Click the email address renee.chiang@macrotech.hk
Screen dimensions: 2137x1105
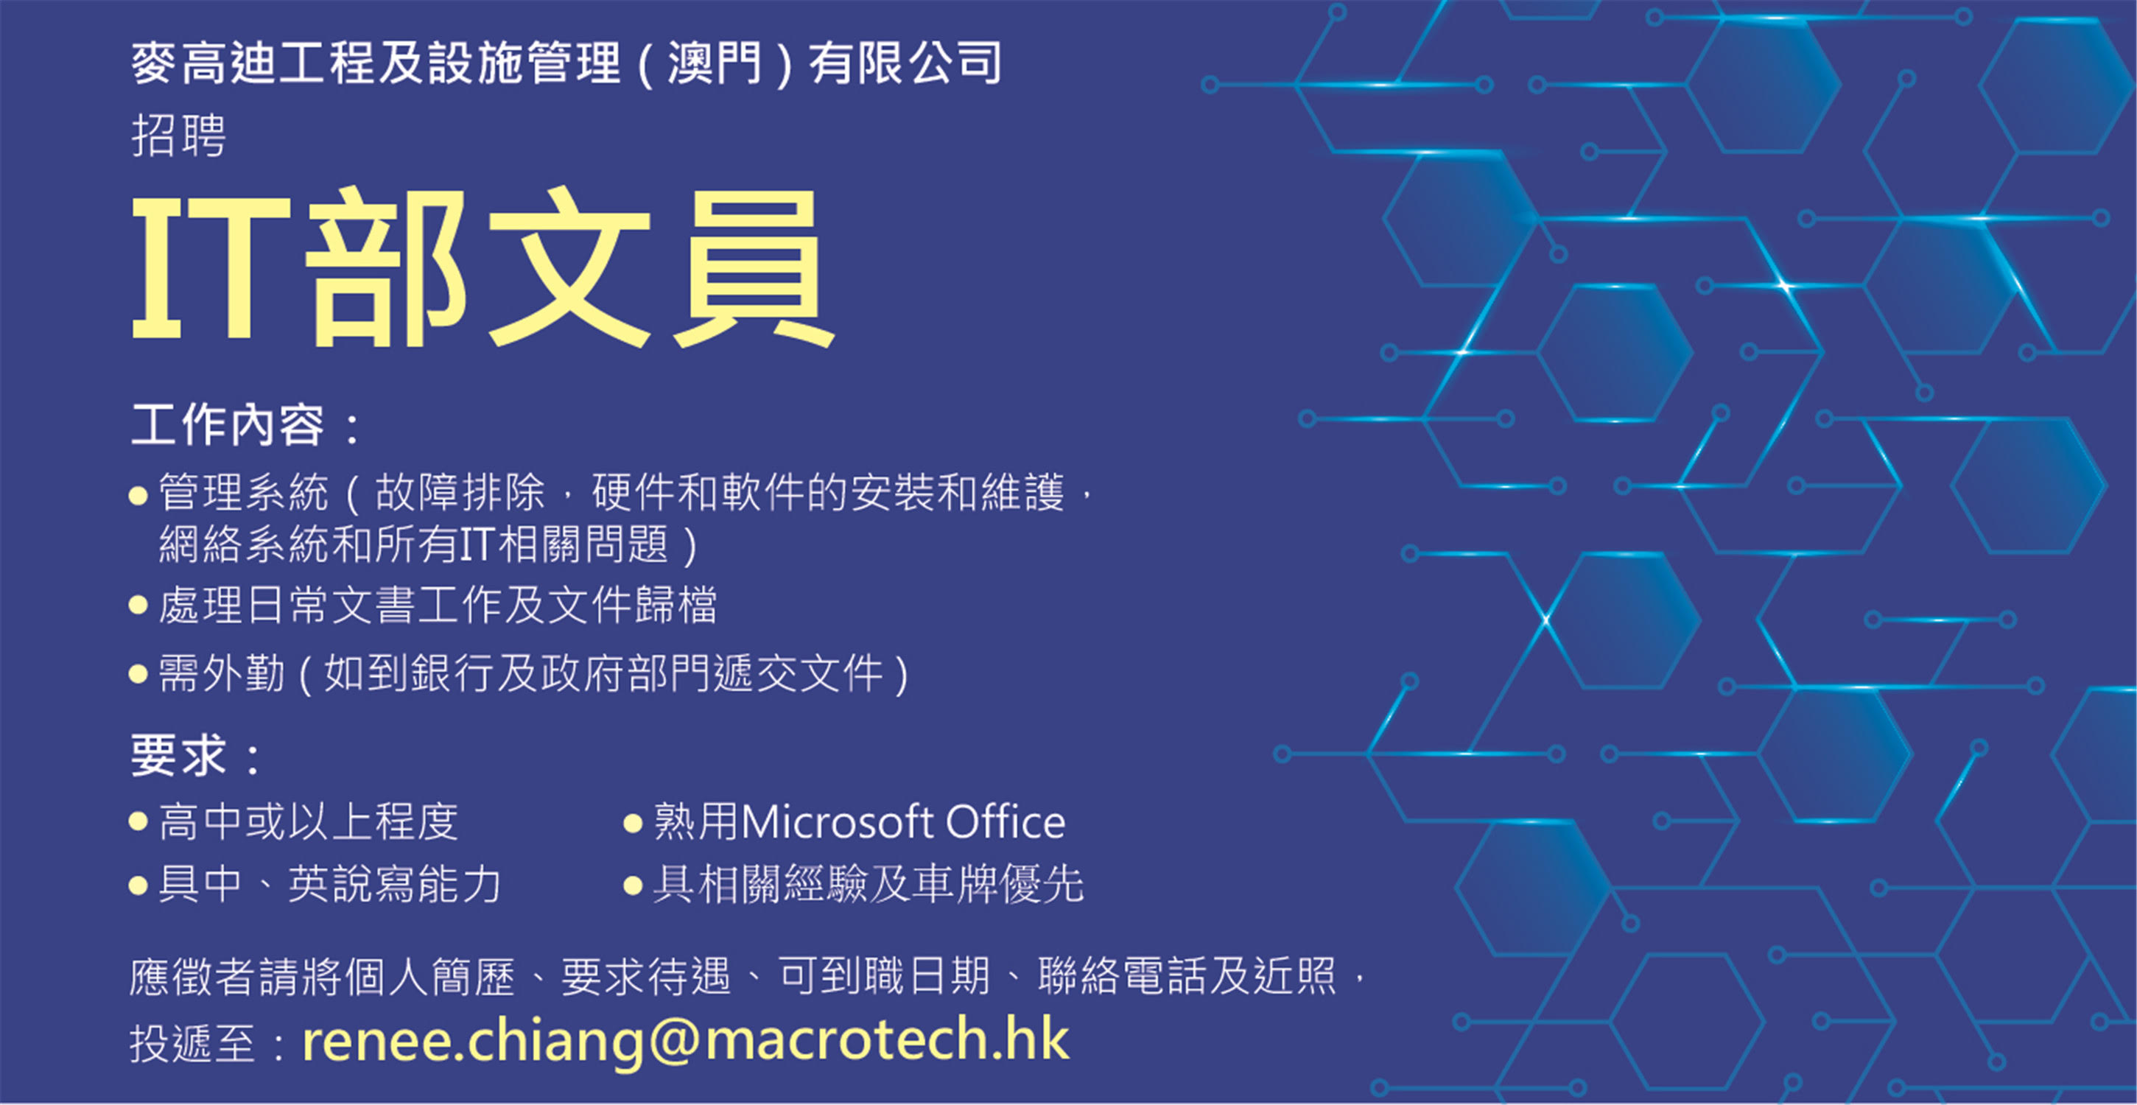(x=685, y=1040)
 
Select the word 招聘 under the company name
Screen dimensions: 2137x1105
(x=178, y=136)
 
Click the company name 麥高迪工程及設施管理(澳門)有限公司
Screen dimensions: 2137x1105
(x=566, y=63)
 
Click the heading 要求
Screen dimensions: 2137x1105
(x=178, y=756)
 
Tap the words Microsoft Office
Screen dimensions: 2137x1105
(x=902, y=822)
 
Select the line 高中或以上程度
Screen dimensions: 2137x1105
(x=308, y=822)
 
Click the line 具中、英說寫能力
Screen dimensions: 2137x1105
(x=329, y=883)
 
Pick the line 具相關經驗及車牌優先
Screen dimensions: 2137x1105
(x=868, y=883)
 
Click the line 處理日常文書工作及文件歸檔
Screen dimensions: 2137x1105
(x=437, y=604)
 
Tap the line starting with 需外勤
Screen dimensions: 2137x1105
(x=533, y=673)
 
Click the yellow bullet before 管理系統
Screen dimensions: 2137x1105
(x=138, y=496)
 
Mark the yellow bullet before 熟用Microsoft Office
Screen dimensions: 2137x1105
(x=633, y=824)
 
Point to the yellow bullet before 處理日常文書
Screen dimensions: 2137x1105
(x=138, y=605)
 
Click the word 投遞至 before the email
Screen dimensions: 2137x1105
(x=192, y=1043)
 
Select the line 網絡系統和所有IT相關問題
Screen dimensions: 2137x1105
(x=428, y=545)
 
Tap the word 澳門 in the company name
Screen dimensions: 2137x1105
(x=715, y=63)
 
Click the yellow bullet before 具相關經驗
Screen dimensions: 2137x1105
(x=633, y=885)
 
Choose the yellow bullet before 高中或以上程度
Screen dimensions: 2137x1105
(x=138, y=823)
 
